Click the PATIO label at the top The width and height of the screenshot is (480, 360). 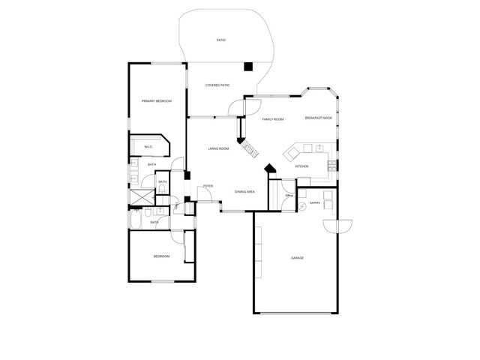pos(221,40)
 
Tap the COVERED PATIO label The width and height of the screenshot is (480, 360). pos(217,85)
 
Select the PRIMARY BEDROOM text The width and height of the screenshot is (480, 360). pos(157,101)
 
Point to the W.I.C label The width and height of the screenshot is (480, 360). pos(148,146)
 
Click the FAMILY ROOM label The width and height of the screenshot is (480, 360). pos(272,119)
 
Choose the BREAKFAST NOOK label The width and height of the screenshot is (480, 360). pos(318,118)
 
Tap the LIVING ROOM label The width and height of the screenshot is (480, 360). pos(219,148)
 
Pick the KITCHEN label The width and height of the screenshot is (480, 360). pos(301,166)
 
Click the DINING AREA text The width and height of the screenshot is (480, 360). pos(244,192)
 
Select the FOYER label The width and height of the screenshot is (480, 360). pos(208,185)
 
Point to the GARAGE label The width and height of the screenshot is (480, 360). pos(297,258)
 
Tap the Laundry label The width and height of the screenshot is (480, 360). pos(315,202)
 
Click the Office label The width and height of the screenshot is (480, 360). pos(289,196)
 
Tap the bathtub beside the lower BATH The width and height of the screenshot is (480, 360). pos(138,220)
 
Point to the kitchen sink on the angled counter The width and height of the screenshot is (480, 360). pos(291,154)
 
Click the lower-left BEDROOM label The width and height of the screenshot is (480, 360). pos(161,256)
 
